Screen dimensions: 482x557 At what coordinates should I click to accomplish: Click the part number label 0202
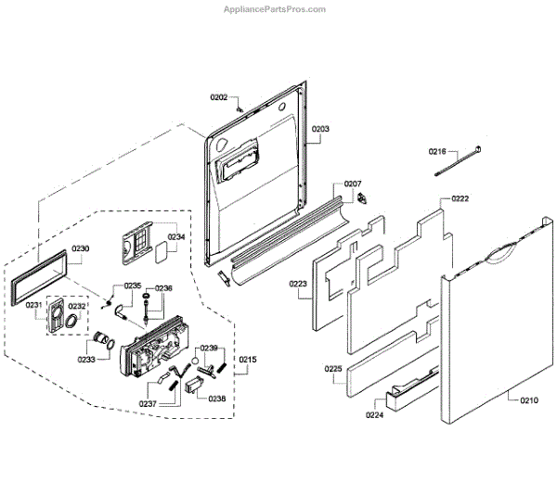(218, 97)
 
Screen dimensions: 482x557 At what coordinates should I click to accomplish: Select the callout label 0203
(320, 129)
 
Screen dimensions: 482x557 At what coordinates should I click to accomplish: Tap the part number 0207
(353, 184)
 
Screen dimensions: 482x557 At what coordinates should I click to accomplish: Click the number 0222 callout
(460, 199)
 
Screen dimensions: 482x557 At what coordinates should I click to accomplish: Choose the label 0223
(298, 284)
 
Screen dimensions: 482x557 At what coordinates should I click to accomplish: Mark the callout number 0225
(333, 369)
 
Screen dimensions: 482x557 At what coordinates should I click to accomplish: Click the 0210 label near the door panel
(528, 400)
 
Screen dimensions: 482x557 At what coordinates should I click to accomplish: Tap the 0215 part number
(249, 360)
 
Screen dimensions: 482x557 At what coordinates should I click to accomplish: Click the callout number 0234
(176, 236)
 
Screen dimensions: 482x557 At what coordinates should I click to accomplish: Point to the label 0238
(216, 398)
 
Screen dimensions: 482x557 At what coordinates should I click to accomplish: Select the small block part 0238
(195, 384)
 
